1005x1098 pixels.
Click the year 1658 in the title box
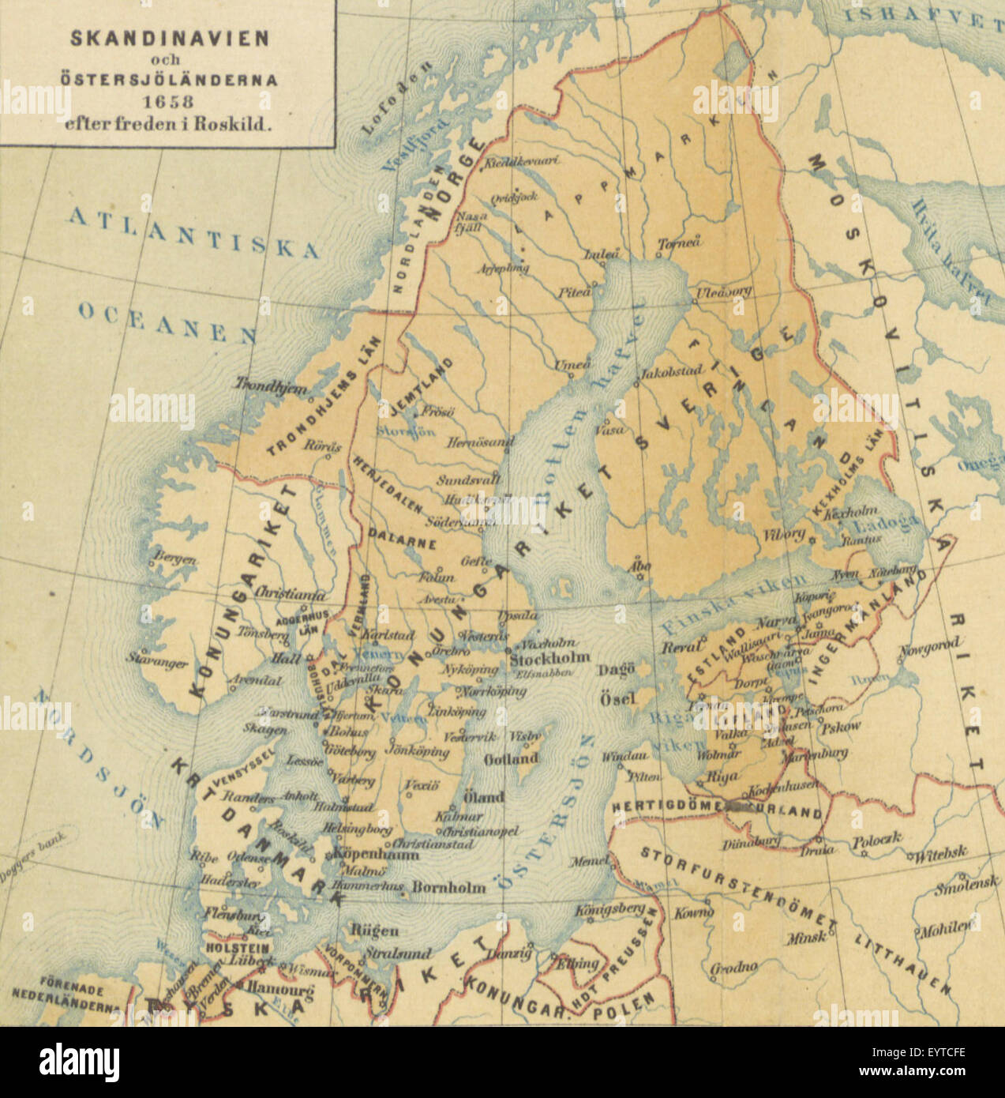point(167,101)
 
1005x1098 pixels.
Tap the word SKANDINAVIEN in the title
point(169,38)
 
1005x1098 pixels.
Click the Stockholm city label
point(550,658)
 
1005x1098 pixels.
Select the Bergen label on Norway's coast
point(174,559)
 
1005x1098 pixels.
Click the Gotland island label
point(512,759)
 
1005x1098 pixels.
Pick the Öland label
point(482,797)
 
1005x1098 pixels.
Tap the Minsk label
point(806,938)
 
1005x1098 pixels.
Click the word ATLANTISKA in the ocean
point(193,232)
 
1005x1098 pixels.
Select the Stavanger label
point(158,661)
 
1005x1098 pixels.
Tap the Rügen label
point(374,931)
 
